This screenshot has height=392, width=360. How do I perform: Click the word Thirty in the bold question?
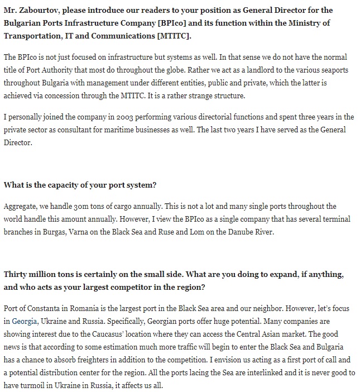tap(16, 275)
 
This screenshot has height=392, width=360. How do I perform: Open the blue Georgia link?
tap(25, 321)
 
